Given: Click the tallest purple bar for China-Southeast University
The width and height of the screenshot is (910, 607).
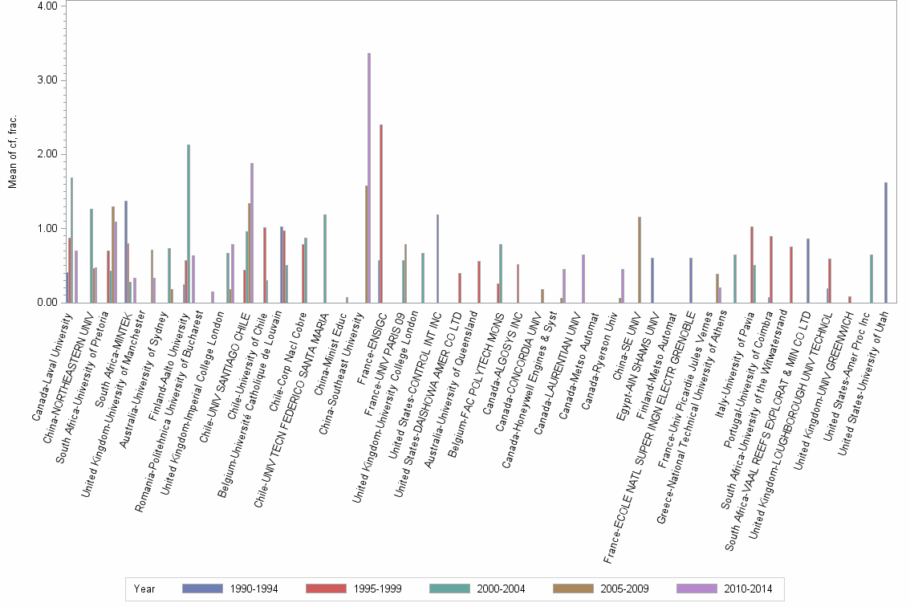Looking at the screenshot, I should (369, 177).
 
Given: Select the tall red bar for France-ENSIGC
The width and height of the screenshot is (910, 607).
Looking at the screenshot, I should (381, 214).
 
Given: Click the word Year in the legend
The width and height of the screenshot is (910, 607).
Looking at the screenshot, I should (144, 589).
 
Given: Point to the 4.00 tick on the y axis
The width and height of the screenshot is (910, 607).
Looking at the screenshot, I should (47, 6).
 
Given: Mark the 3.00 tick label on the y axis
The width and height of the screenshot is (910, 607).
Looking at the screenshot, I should (47, 80).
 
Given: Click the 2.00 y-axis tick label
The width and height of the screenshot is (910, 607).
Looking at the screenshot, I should (47, 154).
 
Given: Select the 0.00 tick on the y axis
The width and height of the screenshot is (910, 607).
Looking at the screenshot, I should (47, 303).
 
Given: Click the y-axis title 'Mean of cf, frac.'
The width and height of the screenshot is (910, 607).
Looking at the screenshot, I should (13, 153).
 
